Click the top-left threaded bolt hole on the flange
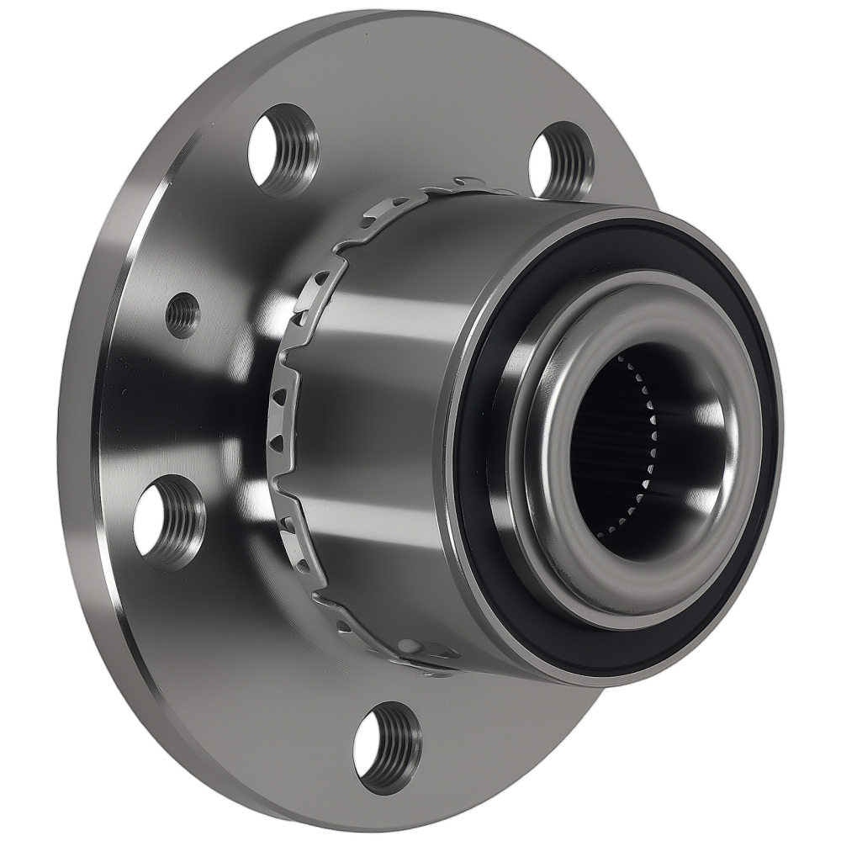283,150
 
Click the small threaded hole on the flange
182,315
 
